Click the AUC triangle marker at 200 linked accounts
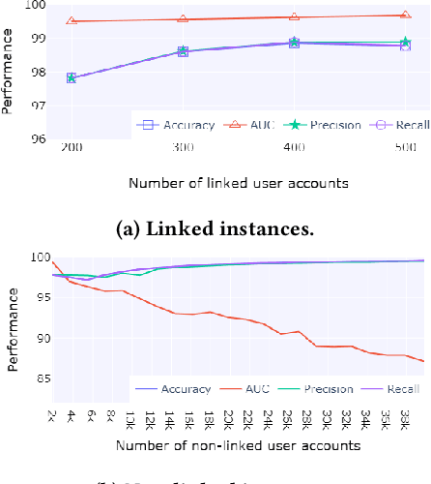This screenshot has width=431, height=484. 71,21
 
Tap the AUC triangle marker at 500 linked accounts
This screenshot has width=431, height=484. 405,15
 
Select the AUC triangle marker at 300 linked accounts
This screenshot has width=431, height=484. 183,19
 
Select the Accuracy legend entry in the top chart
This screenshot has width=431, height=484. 174,125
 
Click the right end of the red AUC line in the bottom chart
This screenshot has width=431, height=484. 422,361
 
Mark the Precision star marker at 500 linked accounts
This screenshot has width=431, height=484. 405,44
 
